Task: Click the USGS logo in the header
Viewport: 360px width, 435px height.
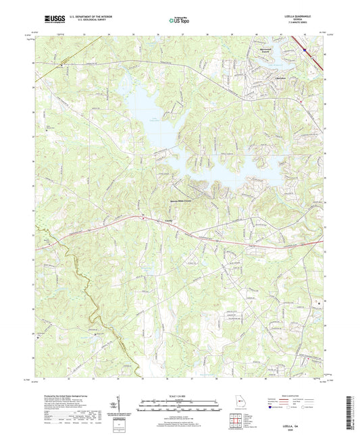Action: tap(49, 20)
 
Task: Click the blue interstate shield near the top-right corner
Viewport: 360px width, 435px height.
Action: tap(305, 49)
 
